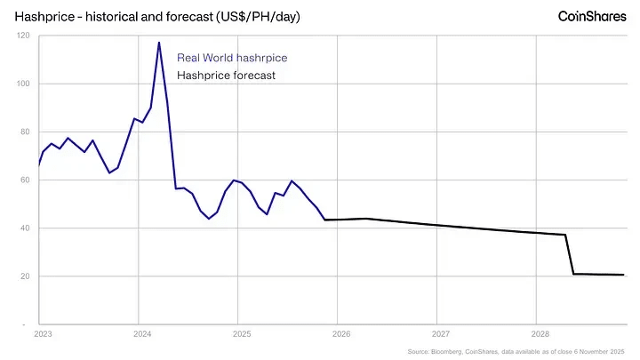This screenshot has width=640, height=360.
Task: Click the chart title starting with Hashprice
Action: click(x=163, y=16)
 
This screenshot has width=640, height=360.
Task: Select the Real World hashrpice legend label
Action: click(x=232, y=58)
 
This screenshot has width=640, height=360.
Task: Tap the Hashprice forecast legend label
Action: click(x=227, y=76)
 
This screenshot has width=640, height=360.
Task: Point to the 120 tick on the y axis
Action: click(x=23, y=36)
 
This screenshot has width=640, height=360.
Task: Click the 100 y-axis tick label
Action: click(x=23, y=84)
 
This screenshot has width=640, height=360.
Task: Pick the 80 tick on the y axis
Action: click(x=25, y=132)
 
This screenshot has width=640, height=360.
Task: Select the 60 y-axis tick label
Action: click(x=25, y=180)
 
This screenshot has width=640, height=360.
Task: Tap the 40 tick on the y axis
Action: click(x=25, y=228)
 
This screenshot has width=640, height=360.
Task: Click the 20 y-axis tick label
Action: click(x=25, y=276)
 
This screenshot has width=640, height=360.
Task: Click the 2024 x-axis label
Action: click(x=142, y=334)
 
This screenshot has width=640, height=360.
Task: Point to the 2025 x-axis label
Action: click(x=242, y=334)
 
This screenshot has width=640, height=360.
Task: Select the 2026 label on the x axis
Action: click(x=341, y=334)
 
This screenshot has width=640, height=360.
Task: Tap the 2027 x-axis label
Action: click(x=440, y=334)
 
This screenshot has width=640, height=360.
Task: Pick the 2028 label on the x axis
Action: click(x=540, y=334)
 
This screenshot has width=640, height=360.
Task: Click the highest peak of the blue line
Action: click(x=158, y=43)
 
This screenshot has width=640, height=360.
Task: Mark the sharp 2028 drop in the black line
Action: click(x=570, y=254)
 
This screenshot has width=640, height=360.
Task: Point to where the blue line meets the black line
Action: click(x=324, y=220)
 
